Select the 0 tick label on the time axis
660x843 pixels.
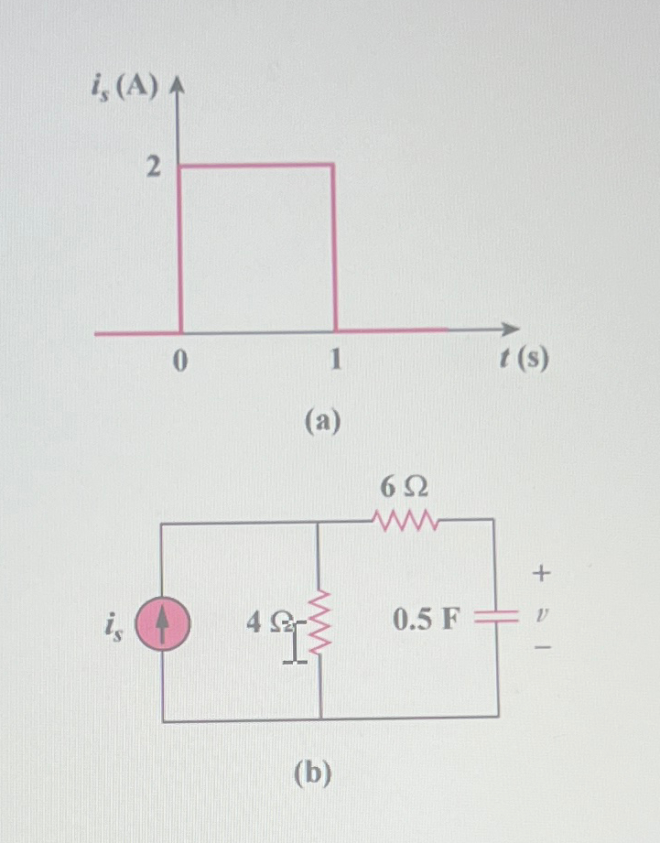click(179, 362)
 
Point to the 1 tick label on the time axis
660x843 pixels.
click(335, 362)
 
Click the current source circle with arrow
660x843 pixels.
click(162, 624)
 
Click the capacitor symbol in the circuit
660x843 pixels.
click(498, 619)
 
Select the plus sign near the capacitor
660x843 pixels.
click(542, 574)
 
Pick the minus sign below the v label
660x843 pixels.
click(542, 648)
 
